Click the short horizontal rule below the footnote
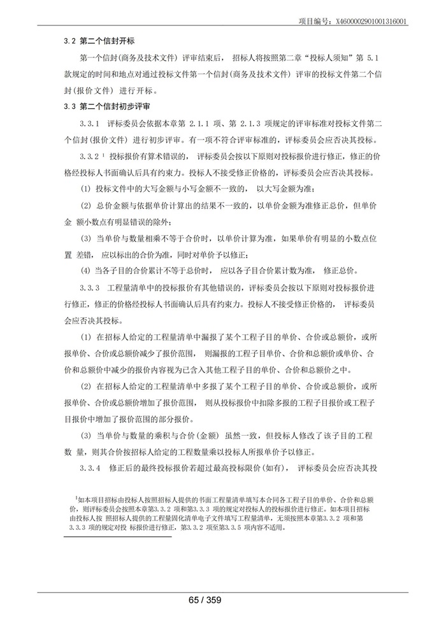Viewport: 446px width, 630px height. pyautogui.click(x=118, y=536)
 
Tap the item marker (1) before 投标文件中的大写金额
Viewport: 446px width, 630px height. pyautogui.click(x=85, y=189)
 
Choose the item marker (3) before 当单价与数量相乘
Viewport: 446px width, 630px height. pyautogui.click(x=85, y=238)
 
